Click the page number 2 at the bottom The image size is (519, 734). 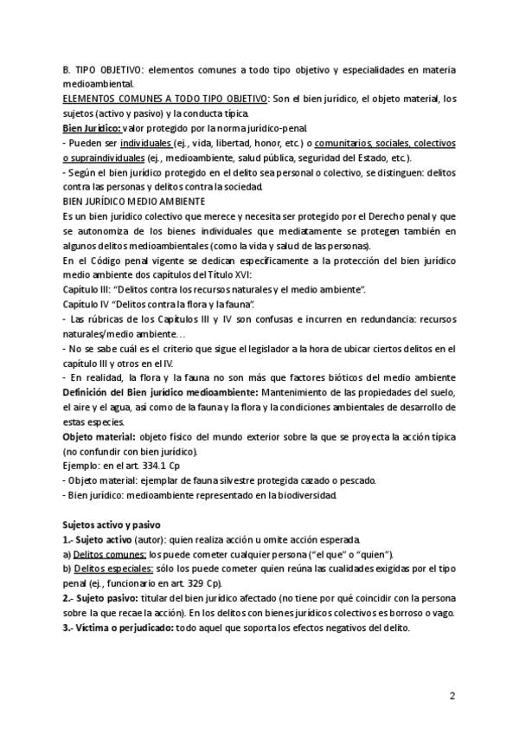pyautogui.click(x=452, y=695)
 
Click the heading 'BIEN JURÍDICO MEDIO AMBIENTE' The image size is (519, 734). pyautogui.click(x=129, y=201)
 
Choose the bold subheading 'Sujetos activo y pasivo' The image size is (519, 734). pyautogui.click(x=110, y=525)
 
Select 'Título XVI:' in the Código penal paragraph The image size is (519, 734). pyautogui.click(x=227, y=274)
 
